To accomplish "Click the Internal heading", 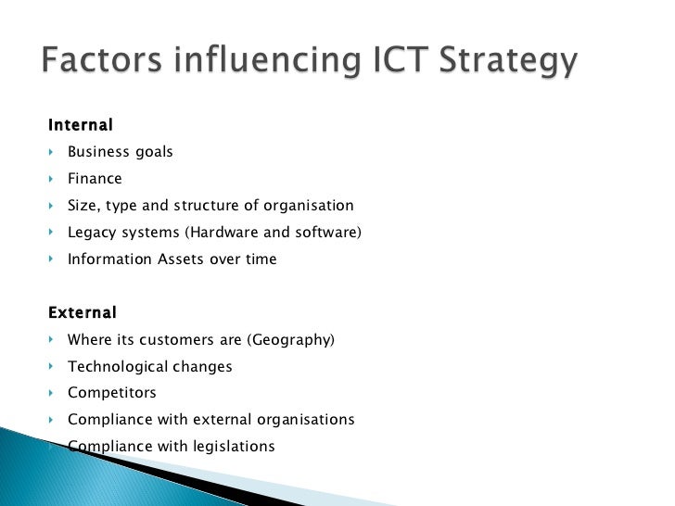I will point(81,124).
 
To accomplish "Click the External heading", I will point(83,313).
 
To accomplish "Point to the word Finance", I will point(95,179).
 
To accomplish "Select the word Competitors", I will point(112,394).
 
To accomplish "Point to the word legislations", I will point(235,447).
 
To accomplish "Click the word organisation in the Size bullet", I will point(309,206).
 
